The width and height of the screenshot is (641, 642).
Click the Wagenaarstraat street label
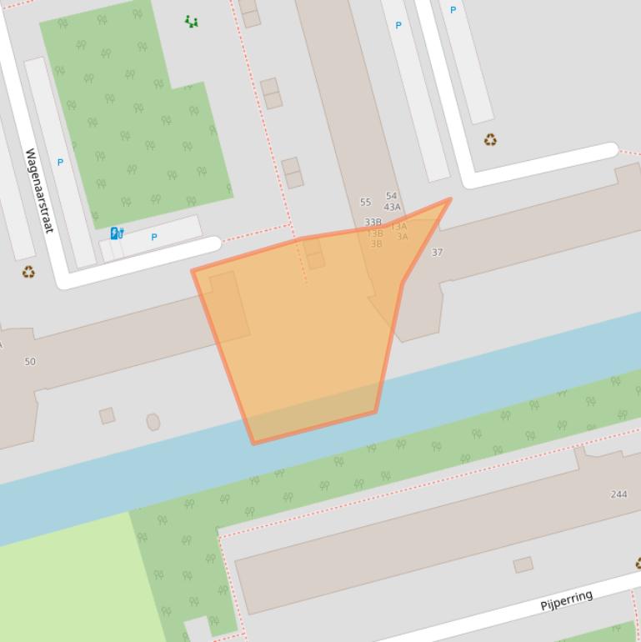(38, 190)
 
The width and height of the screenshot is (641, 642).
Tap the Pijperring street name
(567, 599)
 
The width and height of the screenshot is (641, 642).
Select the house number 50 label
(30, 362)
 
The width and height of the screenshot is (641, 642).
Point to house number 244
(618, 494)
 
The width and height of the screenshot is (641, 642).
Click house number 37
(437, 252)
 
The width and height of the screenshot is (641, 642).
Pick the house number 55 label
(365, 203)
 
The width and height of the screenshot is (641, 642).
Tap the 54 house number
(392, 197)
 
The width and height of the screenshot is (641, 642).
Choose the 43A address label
(392, 207)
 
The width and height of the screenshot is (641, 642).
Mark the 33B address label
(373, 223)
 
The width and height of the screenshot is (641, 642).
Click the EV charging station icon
(117, 233)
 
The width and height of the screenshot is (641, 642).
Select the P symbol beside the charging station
(154, 238)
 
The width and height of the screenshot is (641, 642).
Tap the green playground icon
(192, 22)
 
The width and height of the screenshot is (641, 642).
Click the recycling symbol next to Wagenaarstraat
(29, 272)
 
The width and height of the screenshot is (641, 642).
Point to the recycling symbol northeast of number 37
(490, 140)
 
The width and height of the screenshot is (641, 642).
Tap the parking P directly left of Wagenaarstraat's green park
(60, 163)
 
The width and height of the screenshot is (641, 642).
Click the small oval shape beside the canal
(153, 422)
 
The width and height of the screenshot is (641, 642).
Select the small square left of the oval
(107, 415)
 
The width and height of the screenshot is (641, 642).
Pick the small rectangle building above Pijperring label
(523, 565)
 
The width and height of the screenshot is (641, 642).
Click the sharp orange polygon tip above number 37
(450, 199)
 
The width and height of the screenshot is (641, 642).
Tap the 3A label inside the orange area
(403, 237)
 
